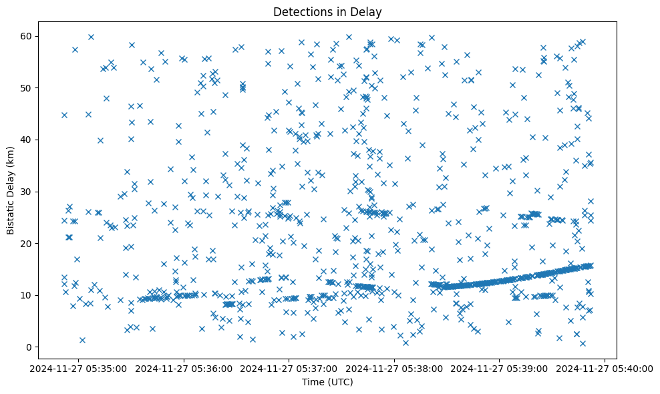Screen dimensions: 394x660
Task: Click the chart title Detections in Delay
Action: coord(327,12)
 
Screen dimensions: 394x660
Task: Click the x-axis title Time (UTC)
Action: coord(327,382)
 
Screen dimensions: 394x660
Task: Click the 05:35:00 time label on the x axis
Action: coord(80,368)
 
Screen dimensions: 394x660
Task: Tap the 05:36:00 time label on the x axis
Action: coord(185,368)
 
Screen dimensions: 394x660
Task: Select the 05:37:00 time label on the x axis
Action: coord(290,368)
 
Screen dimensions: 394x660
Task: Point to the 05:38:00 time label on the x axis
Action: coord(395,368)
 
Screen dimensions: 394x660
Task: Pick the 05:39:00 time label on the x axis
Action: coord(500,368)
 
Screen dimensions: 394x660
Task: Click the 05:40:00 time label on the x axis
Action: coord(605,368)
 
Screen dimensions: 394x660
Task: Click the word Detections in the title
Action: coord(299,12)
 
